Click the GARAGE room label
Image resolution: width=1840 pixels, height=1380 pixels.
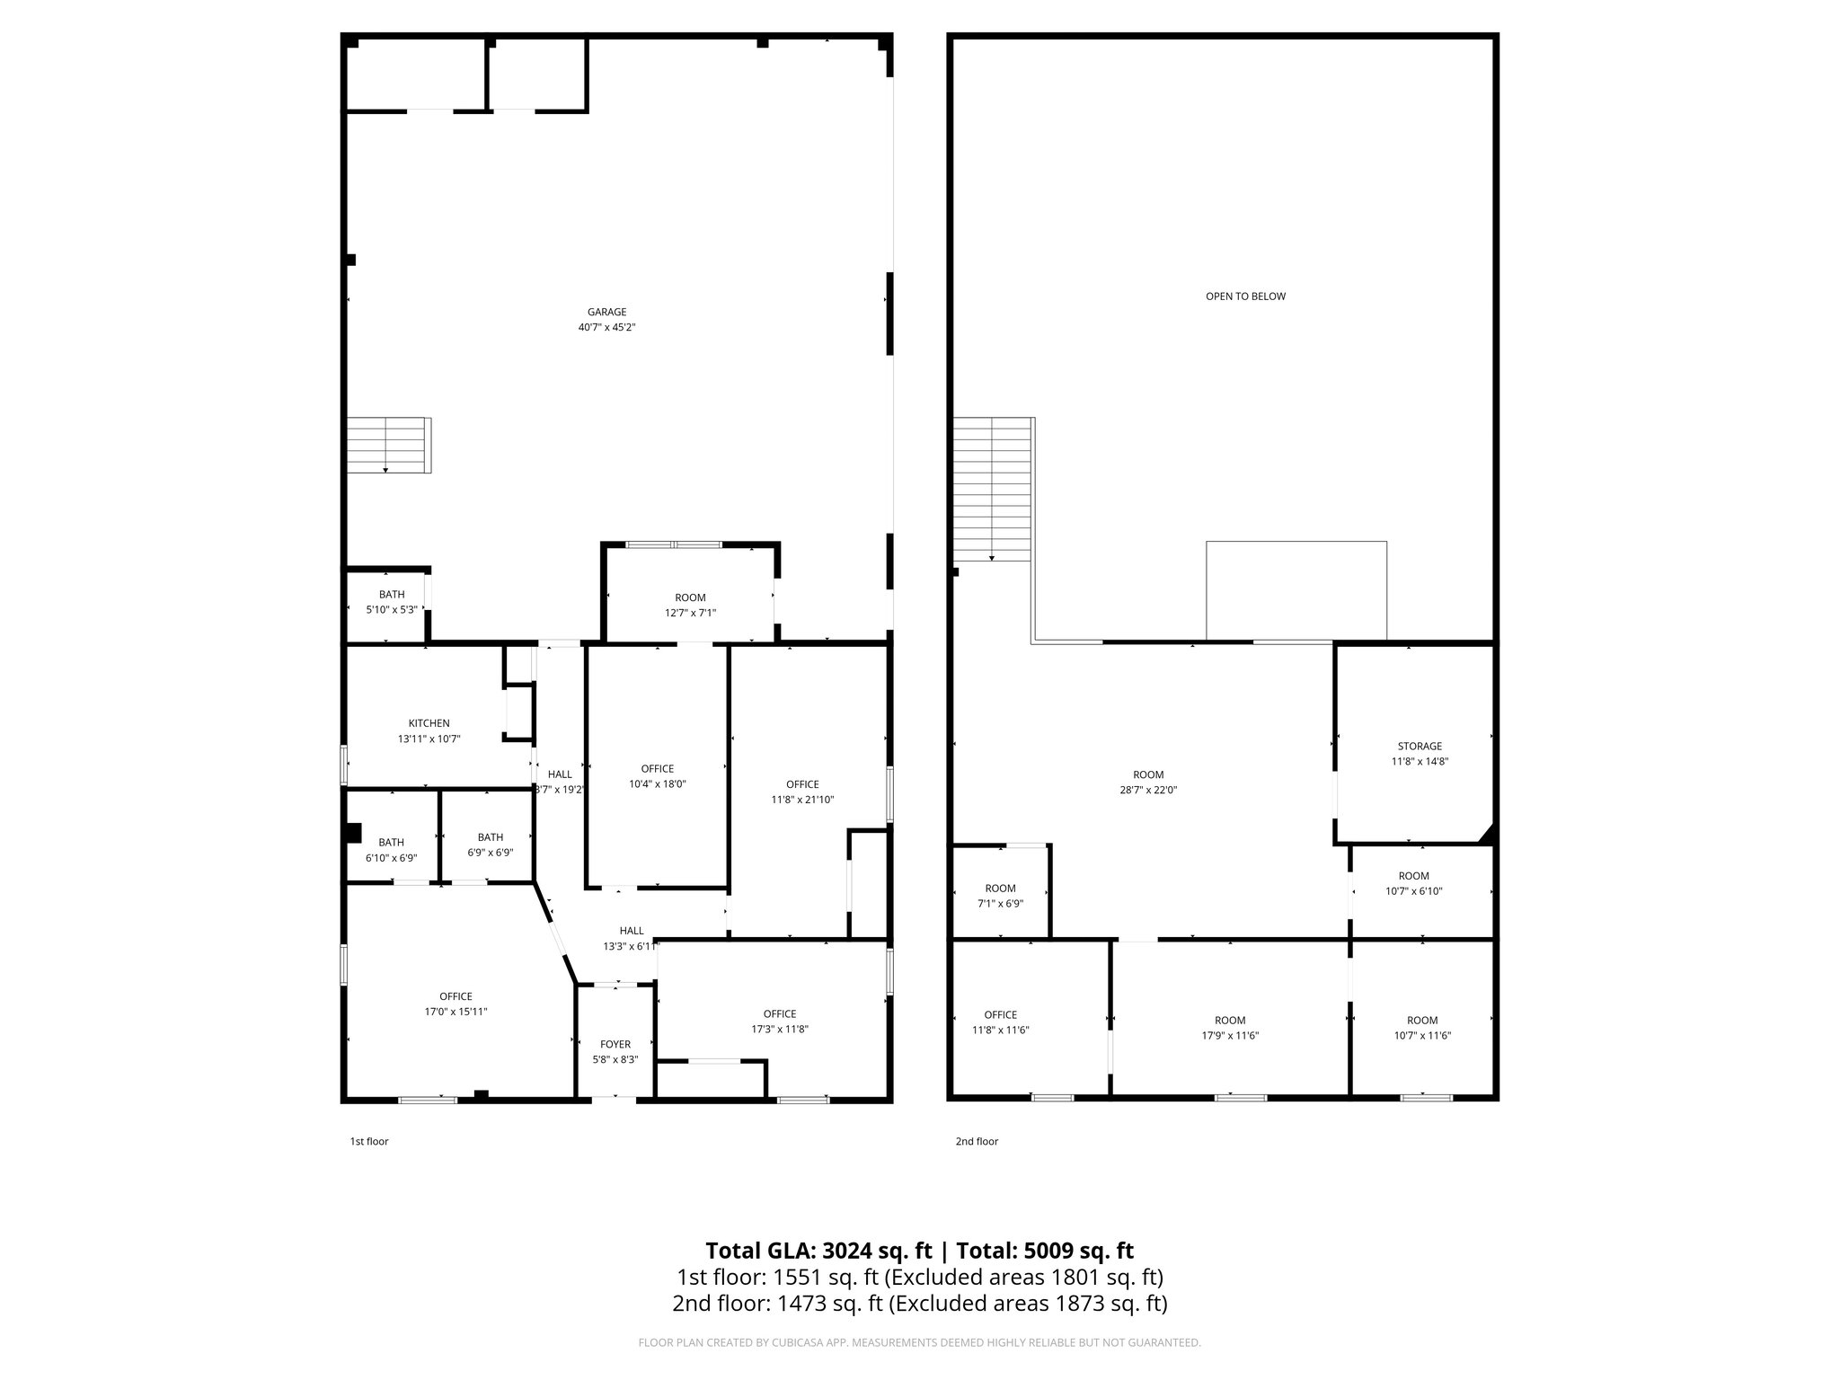point(606,313)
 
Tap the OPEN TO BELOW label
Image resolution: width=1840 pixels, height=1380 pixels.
point(1245,296)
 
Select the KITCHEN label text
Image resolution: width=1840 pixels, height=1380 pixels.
point(429,723)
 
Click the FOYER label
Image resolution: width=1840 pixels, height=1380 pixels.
point(615,1044)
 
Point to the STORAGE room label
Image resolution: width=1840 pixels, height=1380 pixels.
point(1420,746)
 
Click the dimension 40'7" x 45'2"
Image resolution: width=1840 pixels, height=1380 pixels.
point(606,328)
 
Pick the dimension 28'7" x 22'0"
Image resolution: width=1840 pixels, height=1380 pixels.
point(1148,791)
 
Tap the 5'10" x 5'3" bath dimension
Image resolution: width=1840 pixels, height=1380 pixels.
point(391,610)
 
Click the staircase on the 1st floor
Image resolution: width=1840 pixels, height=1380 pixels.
point(388,446)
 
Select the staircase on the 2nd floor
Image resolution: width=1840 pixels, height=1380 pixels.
point(992,490)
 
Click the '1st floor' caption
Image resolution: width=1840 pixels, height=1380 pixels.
point(368,1142)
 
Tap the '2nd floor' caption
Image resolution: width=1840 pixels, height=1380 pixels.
point(977,1142)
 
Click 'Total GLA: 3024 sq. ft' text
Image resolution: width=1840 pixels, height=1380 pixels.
point(818,1251)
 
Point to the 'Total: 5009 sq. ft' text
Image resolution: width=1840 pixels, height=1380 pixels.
point(1045,1251)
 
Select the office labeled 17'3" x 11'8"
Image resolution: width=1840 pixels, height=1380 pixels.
point(779,1022)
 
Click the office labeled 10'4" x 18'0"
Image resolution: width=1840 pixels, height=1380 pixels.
point(657,776)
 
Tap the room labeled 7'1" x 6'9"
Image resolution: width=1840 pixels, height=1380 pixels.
point(1000,896)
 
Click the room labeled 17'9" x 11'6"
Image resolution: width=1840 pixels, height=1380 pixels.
point(1230,1028)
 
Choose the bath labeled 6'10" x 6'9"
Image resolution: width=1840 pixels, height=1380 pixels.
point(391,850)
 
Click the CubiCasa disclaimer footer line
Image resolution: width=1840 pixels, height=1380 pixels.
point(919,1343)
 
